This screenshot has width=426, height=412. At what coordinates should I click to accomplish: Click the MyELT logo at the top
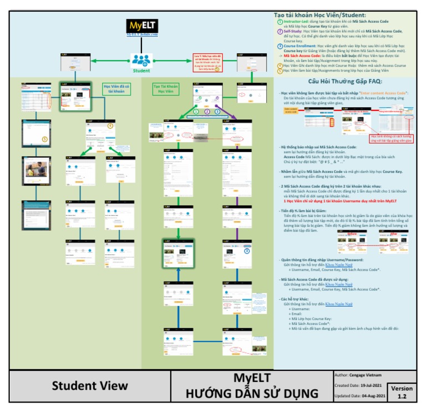click(141, 26)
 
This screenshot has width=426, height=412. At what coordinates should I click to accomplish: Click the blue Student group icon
click(140, 60)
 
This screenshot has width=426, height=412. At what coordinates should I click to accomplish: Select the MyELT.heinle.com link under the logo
click(142, 35)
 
